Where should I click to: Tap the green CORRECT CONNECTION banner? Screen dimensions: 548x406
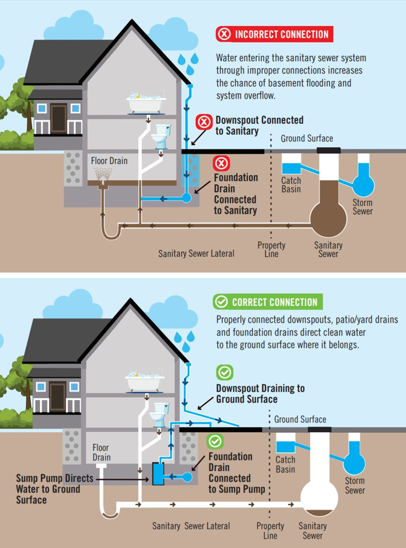click(x=267, y=302)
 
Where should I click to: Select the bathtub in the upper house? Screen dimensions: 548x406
click(x=146, y=103)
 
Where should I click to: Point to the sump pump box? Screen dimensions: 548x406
click(x=158, y=473)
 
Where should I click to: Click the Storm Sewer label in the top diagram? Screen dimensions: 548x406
click(x=363, y=207)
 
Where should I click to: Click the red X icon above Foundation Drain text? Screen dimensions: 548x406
click(x=221, y=164)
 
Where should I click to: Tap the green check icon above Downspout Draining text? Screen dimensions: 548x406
click(x=225, y=373)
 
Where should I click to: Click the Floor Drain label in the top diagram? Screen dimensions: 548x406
click(x=109, y=161)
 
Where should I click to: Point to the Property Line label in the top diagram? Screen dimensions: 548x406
click(x=271, y=249)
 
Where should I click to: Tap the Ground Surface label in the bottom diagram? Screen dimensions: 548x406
click(x=300, y=419)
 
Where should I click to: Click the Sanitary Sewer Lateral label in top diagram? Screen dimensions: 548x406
click(x=196, y=254)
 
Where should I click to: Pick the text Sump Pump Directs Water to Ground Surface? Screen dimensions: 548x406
click(x=54, y=489)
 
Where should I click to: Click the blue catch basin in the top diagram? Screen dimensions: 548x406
click(x=292, y=168)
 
